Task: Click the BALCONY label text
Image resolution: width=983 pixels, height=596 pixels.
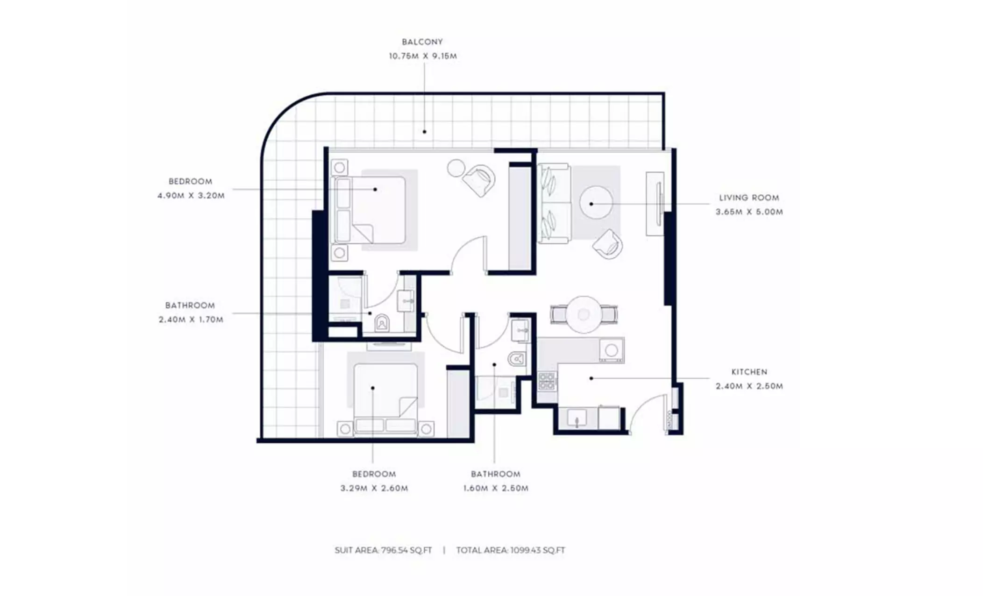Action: click(x=422, y=42)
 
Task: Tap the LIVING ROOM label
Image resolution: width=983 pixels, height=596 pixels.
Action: click(x=749, y=198)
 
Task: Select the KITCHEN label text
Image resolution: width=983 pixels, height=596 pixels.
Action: click(x=749, y=372)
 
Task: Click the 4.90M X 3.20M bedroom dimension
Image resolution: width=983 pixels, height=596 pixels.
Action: click(x=191, y=196)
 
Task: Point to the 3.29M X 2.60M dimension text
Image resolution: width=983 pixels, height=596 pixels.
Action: click(x=374, y=488)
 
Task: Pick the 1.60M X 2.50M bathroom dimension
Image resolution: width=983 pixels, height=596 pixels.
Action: click(x=496, y=488)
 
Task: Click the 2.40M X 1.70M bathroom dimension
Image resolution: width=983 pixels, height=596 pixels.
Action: click(x=191, y=319)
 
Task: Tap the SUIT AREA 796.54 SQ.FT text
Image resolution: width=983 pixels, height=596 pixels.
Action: click(x=383, y=550)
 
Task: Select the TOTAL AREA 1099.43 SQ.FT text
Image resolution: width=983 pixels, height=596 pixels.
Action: click(x=511, y=550)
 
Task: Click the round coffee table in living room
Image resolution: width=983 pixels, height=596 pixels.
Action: click(x=596, y=202)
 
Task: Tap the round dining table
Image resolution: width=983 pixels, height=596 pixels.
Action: click(x=583, y=314)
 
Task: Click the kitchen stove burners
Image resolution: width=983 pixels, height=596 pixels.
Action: click(x=547, y=381)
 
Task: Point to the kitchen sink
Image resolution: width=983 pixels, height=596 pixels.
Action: click(x=577, y=419)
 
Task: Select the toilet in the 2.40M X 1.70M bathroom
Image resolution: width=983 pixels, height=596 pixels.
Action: click(x=382, y=322)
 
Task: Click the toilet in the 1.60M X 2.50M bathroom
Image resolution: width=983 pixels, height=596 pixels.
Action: click(x=517, y=359)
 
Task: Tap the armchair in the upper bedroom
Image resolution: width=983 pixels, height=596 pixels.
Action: click(x=479, y=180)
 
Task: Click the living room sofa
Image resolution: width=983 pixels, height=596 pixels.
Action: click(x=554, y=203)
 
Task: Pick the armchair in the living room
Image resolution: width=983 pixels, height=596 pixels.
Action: click(x=607, y=244)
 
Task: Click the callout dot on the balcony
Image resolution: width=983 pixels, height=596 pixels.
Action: click(x=424, y=132)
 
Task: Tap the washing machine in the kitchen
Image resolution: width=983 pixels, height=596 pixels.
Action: click(x=612, y=350)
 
